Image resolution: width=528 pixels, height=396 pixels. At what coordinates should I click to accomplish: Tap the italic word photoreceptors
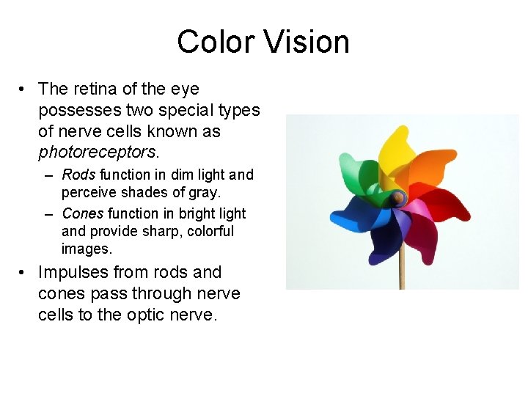[97, 153]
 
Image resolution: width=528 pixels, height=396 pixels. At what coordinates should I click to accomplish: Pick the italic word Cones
[83, 213]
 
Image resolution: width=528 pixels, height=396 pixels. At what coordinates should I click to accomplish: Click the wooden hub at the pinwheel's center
[397, 197]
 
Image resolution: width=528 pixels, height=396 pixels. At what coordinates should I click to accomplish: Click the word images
[86, 249]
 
